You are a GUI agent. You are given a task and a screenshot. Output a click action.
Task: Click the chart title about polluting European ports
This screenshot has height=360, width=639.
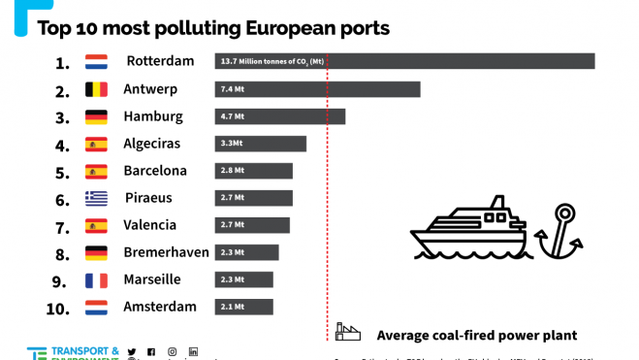pyautogui.click(x=213, y=27)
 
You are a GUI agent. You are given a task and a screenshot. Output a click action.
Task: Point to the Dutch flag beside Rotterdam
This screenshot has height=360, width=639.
pyautogui.click(x=96, y=62)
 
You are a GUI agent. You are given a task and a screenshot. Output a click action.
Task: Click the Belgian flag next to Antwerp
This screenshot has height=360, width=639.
pyautogui.click(x=96, y=89)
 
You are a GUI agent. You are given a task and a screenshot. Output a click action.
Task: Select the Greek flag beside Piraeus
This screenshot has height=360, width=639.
pyautogui.click(x=96, y=198)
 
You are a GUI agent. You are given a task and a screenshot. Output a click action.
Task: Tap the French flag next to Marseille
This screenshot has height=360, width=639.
pyautogui.click(x=96, y=279)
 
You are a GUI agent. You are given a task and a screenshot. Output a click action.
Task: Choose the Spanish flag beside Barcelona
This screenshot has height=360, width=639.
pyautogui.click(x=96, y=171)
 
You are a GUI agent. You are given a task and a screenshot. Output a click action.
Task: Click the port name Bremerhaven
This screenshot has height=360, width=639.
pyautogui.click(x=166, y=252)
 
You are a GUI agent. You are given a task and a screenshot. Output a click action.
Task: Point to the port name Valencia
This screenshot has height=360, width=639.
pyautogui.click(x=150, y=225)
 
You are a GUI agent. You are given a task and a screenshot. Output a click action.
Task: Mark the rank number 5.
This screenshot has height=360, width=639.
pyautogui.click(x=62, y=172)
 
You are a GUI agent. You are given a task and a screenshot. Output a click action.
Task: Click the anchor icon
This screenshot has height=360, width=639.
pyautogui.click(x=560, y=233)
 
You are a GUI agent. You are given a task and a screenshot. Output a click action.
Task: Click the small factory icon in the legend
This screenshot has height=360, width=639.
pyautogui.click(x=347, y=333)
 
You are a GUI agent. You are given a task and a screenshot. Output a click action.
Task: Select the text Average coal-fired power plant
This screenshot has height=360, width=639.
pyautogui.click(x=476, y=335)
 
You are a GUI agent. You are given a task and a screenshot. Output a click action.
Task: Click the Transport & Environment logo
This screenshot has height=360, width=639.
pyautogui.click(x=73, y=353)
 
